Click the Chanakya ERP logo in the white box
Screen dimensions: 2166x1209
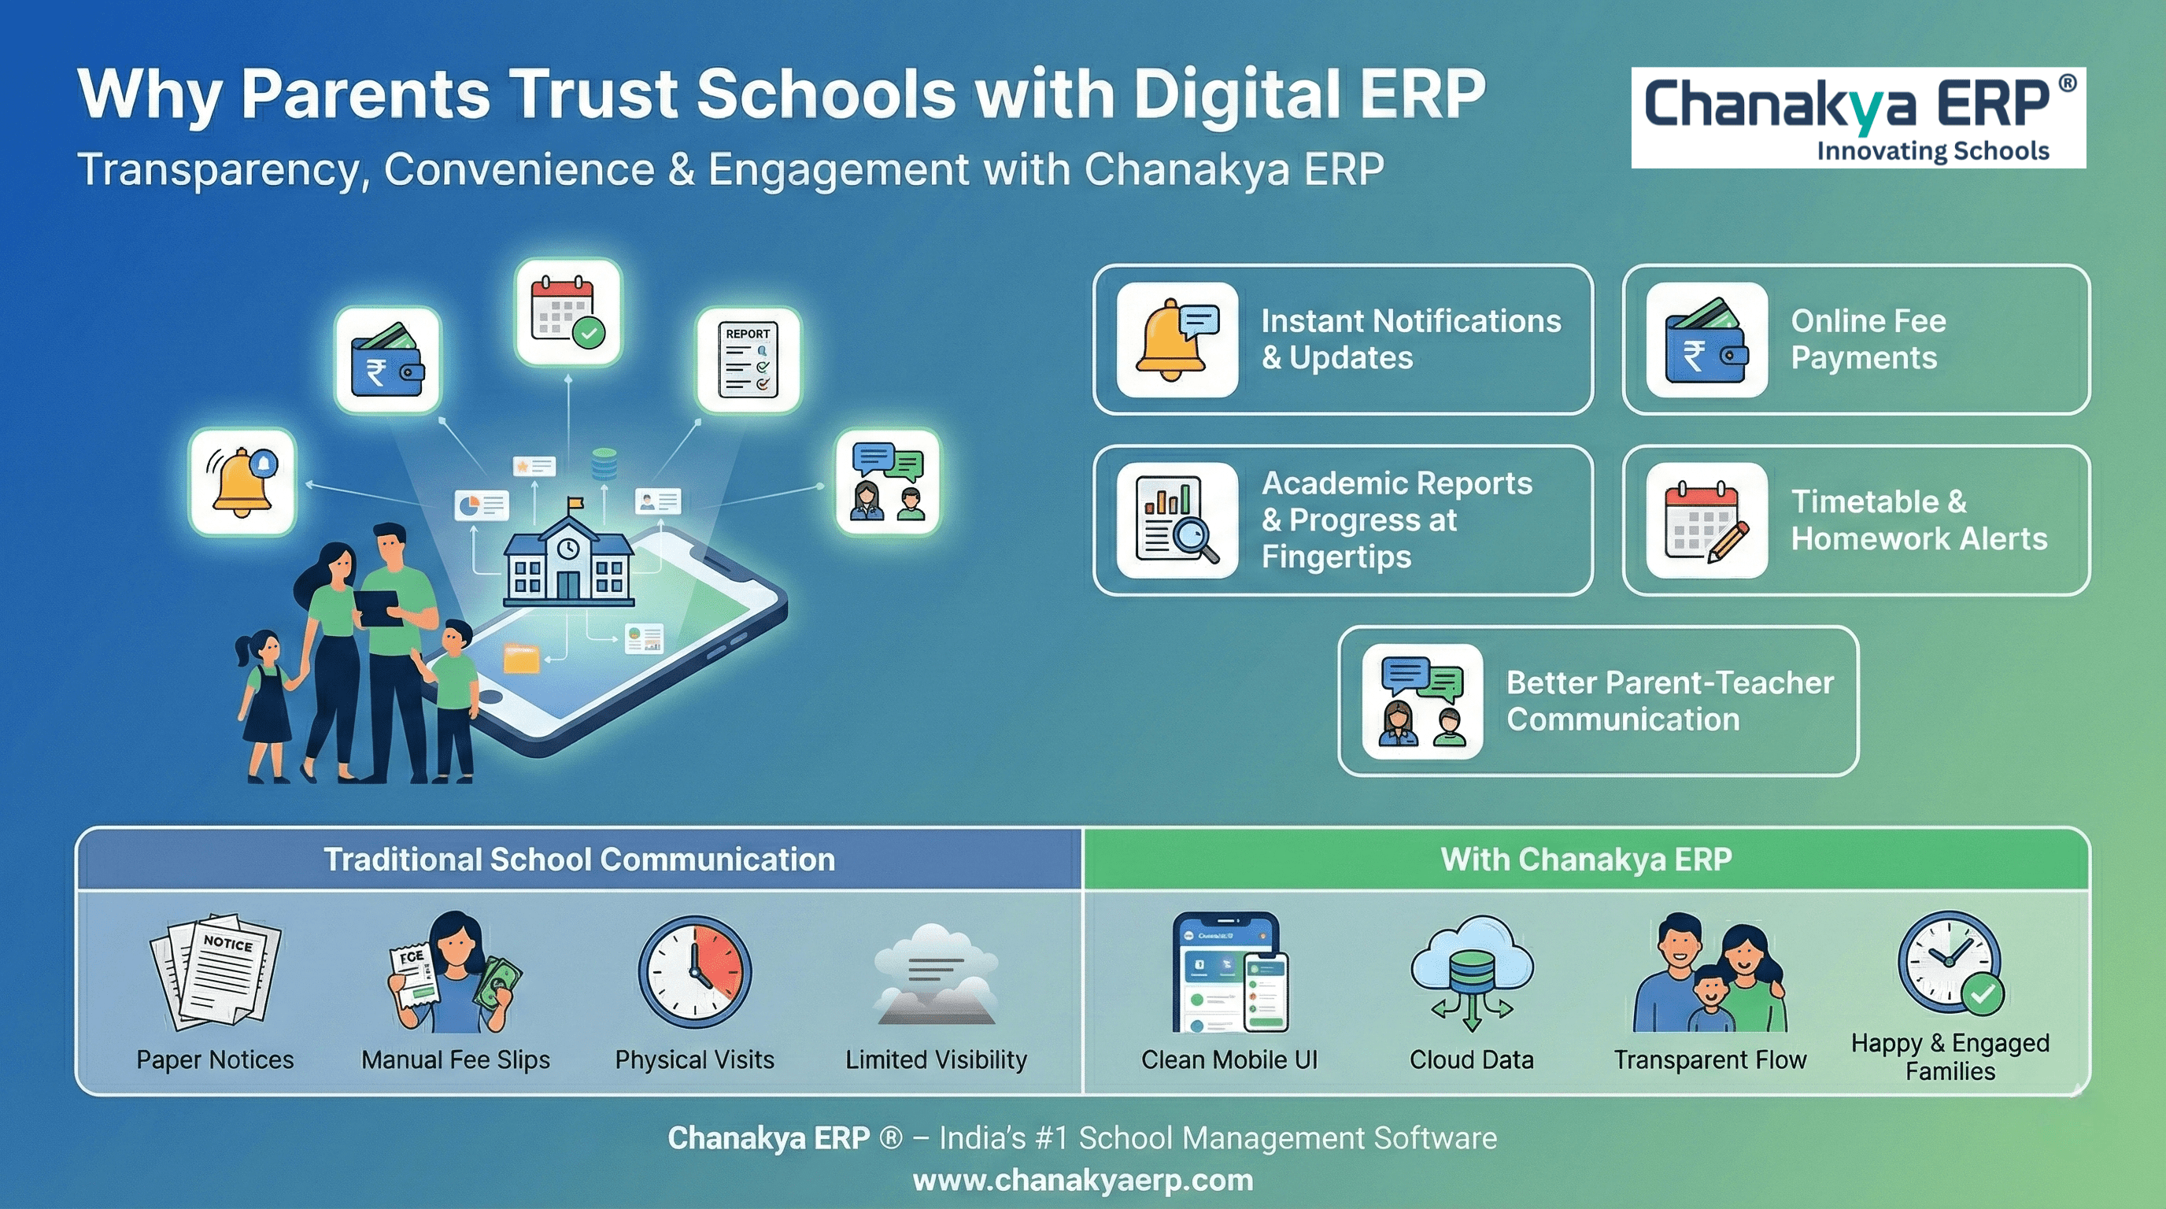[x=1858, y=118]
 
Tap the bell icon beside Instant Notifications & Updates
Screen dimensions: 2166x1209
[x=1177, y=340]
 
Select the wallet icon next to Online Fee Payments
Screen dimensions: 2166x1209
[x=1707, y=340]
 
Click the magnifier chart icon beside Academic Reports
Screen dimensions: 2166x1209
[x=1177, y=520]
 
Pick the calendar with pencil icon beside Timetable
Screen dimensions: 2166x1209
[x=1707, y=520]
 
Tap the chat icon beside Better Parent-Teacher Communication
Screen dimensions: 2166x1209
[x=1423, y=701]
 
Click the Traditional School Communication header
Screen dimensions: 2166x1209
[x=579, y=860]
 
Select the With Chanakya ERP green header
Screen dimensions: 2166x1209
[x=1587, y=860]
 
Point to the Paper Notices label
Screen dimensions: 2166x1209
[x=215, y=1059]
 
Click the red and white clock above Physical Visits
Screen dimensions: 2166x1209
[x=694, y=972]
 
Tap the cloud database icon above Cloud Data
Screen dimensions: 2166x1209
[x=1472, y=972]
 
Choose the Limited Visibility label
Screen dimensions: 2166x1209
[x=936, y=1059]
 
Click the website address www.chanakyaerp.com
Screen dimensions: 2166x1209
[x=1083, y=1181]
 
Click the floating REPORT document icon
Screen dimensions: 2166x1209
[x=748, y=360]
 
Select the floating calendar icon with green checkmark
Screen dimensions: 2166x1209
[x=568, y=312]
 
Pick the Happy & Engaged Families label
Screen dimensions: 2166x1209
[x=1950, y=1057]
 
